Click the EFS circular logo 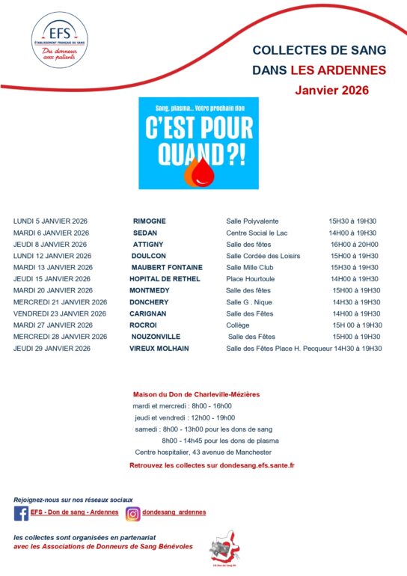click(59, 40)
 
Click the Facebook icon click(22, 513)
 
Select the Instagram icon click(132, 513)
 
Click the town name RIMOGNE click(150, 221)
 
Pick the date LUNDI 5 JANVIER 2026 click(50, 221)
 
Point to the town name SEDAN click(145, 233)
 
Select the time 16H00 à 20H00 click(354, 244)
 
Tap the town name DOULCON click(150, 256)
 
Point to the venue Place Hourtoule click(252, 279)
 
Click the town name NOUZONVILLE click(159, 337)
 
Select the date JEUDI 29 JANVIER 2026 click(52, 349)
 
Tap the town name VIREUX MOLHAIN click(159, 349)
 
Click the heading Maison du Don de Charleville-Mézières click(197, 394)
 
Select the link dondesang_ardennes click(174, 512)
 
